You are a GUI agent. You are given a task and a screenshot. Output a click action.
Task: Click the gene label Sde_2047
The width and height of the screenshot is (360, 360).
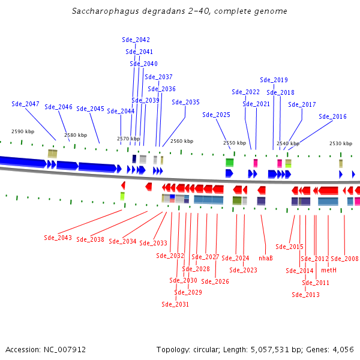(x=25, y=104)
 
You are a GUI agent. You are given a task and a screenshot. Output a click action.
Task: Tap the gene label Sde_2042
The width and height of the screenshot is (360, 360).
(x=136, y=40)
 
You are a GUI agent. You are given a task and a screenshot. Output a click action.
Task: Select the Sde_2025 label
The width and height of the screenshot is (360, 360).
(x=216, y=115)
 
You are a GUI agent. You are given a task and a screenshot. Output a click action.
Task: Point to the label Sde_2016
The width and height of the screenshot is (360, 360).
(x=332, y=116)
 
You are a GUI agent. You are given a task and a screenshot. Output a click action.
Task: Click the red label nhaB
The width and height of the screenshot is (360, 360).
(x=266, y=258)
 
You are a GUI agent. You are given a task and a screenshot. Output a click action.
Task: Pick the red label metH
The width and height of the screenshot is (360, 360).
(x=329, y=270)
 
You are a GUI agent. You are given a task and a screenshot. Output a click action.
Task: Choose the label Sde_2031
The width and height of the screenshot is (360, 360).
(x=175, y=304)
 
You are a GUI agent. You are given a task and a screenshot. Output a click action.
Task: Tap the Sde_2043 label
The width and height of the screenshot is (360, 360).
(x=58, y=238)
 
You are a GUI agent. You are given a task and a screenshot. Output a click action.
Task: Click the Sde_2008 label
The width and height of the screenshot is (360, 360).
(x=344, y=259)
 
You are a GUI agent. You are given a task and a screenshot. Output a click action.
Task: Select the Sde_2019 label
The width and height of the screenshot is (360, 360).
(x=274, y=80)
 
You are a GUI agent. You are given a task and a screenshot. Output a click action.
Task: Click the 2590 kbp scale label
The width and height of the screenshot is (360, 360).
(x=22, y=131)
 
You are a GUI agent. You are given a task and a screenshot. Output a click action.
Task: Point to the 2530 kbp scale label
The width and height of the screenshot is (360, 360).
(x=340, y=143)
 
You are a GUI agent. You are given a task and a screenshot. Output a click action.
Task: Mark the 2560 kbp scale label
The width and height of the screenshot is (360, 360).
(x=182, y=141)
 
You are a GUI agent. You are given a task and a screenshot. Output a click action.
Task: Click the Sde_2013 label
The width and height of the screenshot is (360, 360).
(x=305, y=295)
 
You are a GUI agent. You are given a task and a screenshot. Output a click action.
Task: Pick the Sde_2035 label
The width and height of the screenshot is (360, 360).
(x=185, y=102)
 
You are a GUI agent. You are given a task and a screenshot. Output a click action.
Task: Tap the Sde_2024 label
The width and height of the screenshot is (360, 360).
(x=235, y=258)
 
